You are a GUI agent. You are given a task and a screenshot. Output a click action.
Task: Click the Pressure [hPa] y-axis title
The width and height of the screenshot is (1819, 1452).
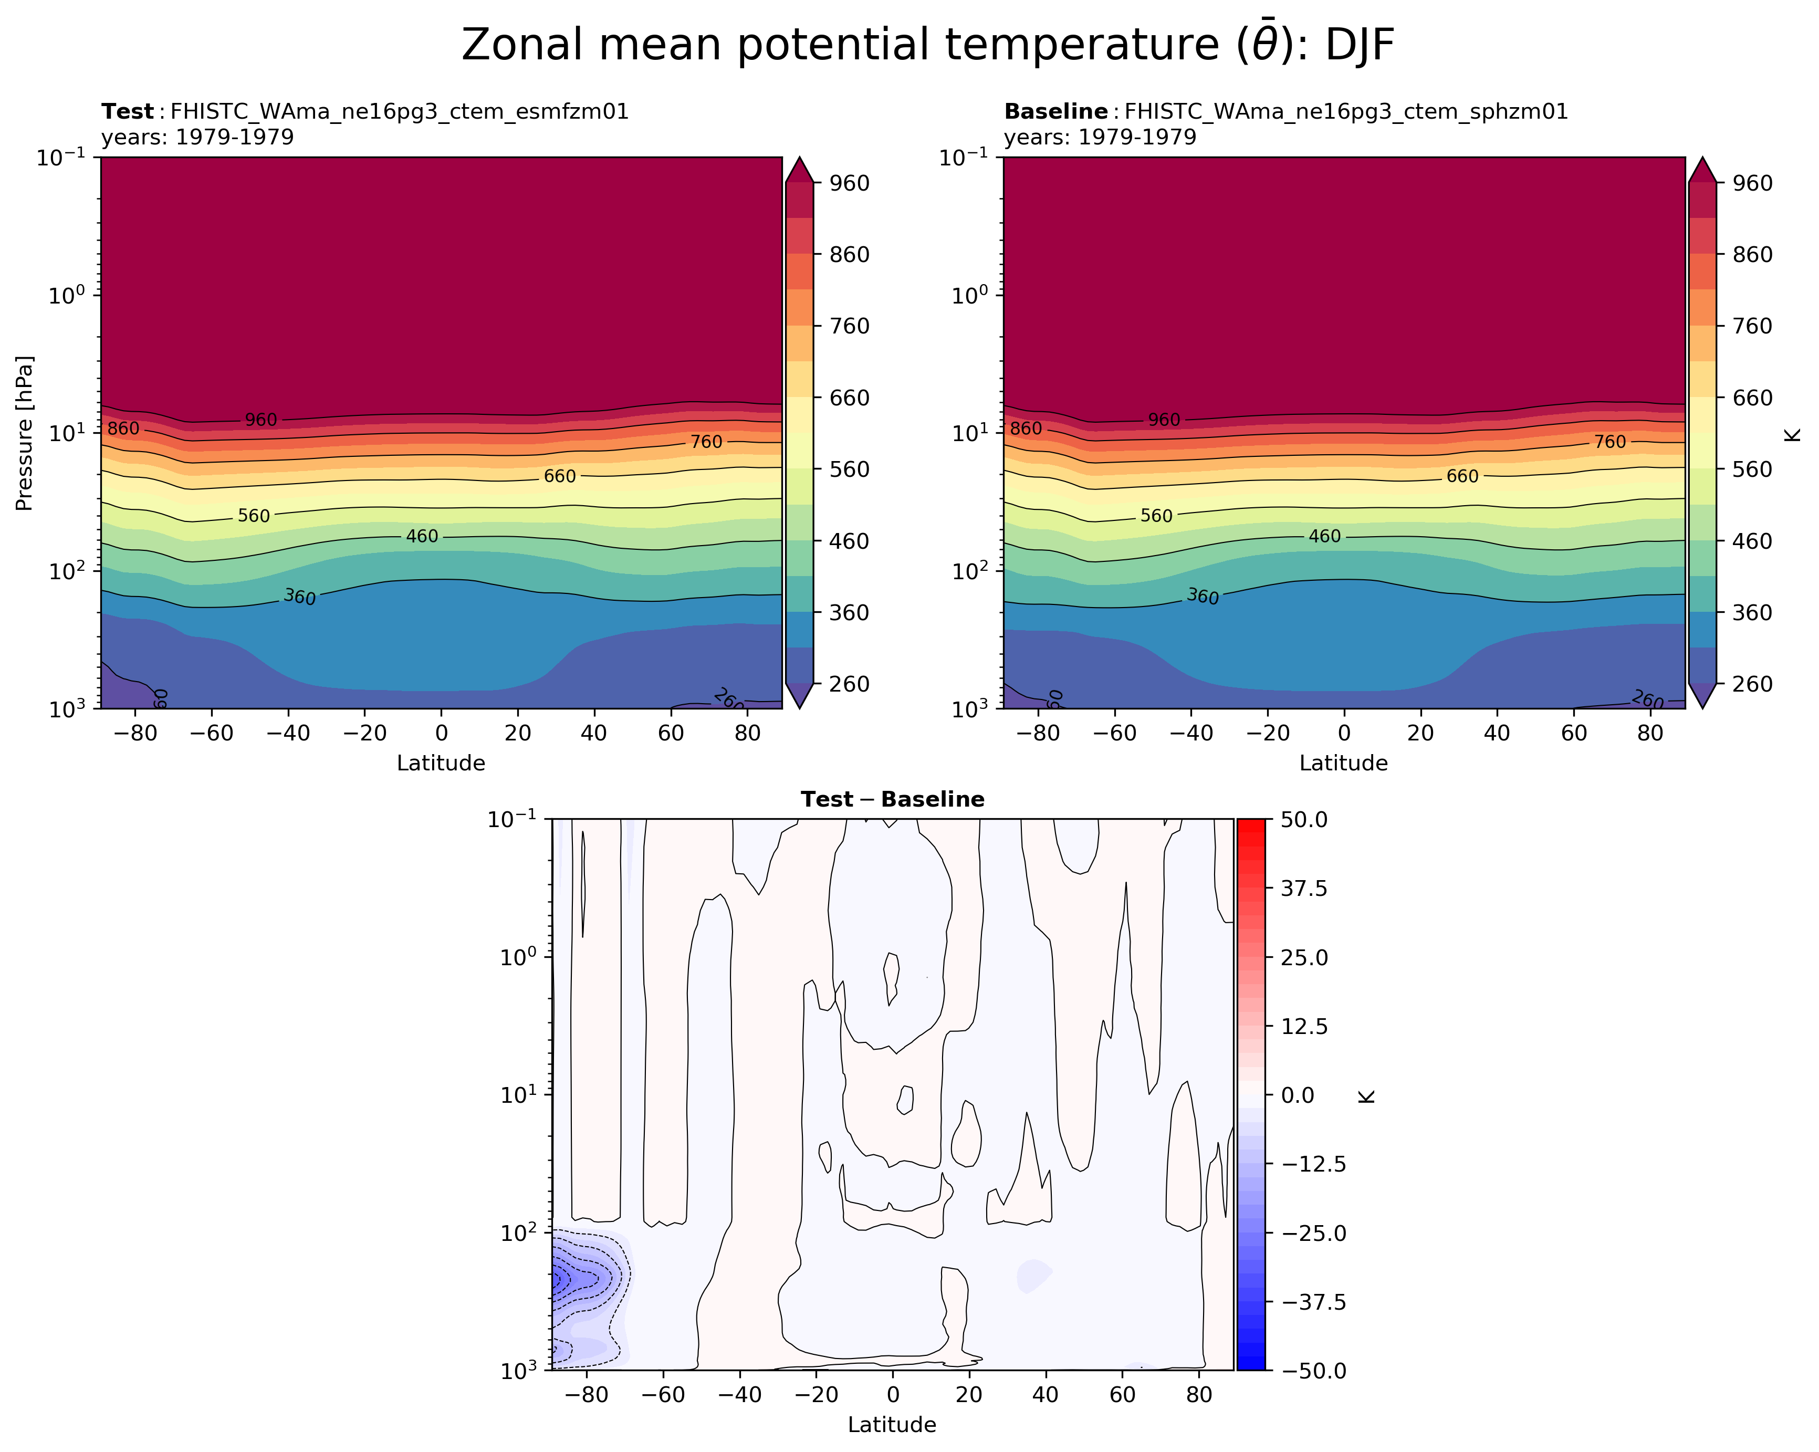(25, 433)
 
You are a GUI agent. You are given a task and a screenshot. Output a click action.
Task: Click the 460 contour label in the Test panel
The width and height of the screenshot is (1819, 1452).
(422, 537)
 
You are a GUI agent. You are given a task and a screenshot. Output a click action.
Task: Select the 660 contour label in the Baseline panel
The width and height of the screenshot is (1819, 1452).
(1462, 477)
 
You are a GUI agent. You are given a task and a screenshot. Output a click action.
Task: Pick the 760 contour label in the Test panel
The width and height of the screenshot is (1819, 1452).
(706, 442)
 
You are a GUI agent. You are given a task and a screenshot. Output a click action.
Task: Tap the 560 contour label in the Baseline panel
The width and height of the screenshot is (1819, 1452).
(1156, 516)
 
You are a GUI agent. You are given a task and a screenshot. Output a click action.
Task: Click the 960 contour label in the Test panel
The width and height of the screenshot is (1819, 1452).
(260, 420)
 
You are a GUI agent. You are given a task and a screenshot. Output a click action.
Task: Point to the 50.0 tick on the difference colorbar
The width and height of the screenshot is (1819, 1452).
(1304, 819)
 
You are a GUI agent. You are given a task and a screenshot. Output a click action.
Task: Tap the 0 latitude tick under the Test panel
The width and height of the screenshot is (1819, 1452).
(441, 733)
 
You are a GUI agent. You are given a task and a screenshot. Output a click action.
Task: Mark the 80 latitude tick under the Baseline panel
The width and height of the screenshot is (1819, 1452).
(1650, 733)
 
